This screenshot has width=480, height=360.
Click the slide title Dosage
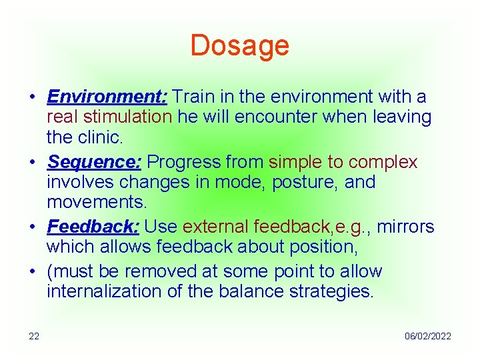[239, 45]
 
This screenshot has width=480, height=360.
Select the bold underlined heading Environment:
[107, 97]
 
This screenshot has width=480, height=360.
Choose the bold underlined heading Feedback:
[93, 227]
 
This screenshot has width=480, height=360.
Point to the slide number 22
[33, 336]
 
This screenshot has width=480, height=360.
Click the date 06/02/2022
[427, 336]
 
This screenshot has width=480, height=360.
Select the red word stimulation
[127, 117]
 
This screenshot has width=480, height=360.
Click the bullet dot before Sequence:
[32, 163]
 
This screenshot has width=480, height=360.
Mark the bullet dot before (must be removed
[32, 272]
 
